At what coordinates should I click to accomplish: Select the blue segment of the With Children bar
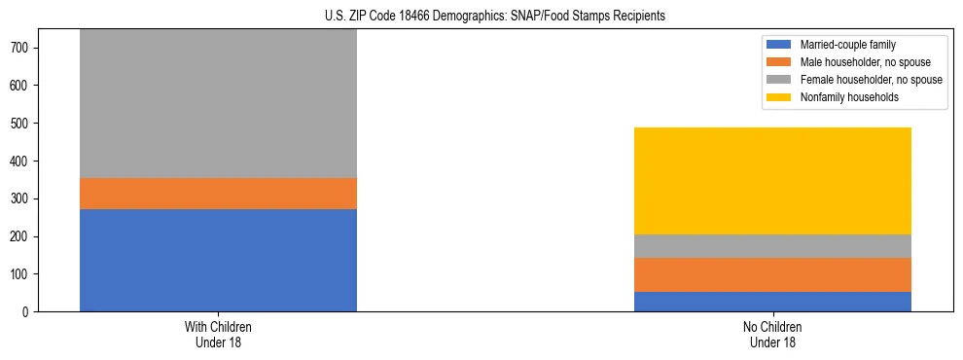[x=218, y=260]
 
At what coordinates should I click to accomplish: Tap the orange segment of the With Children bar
[x=218, y=194]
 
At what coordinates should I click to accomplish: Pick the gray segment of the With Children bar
[x=218, y=103]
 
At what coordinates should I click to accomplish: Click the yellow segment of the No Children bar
[x=772, y=181]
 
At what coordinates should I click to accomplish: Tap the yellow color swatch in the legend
[x=779, y=97]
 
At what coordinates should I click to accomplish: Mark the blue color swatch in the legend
[x=779, y=45]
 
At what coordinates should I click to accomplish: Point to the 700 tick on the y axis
[x=24, y=48]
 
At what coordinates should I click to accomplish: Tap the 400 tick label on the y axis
[x=24, y=161]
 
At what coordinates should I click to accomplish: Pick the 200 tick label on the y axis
[x=24, y=236]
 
